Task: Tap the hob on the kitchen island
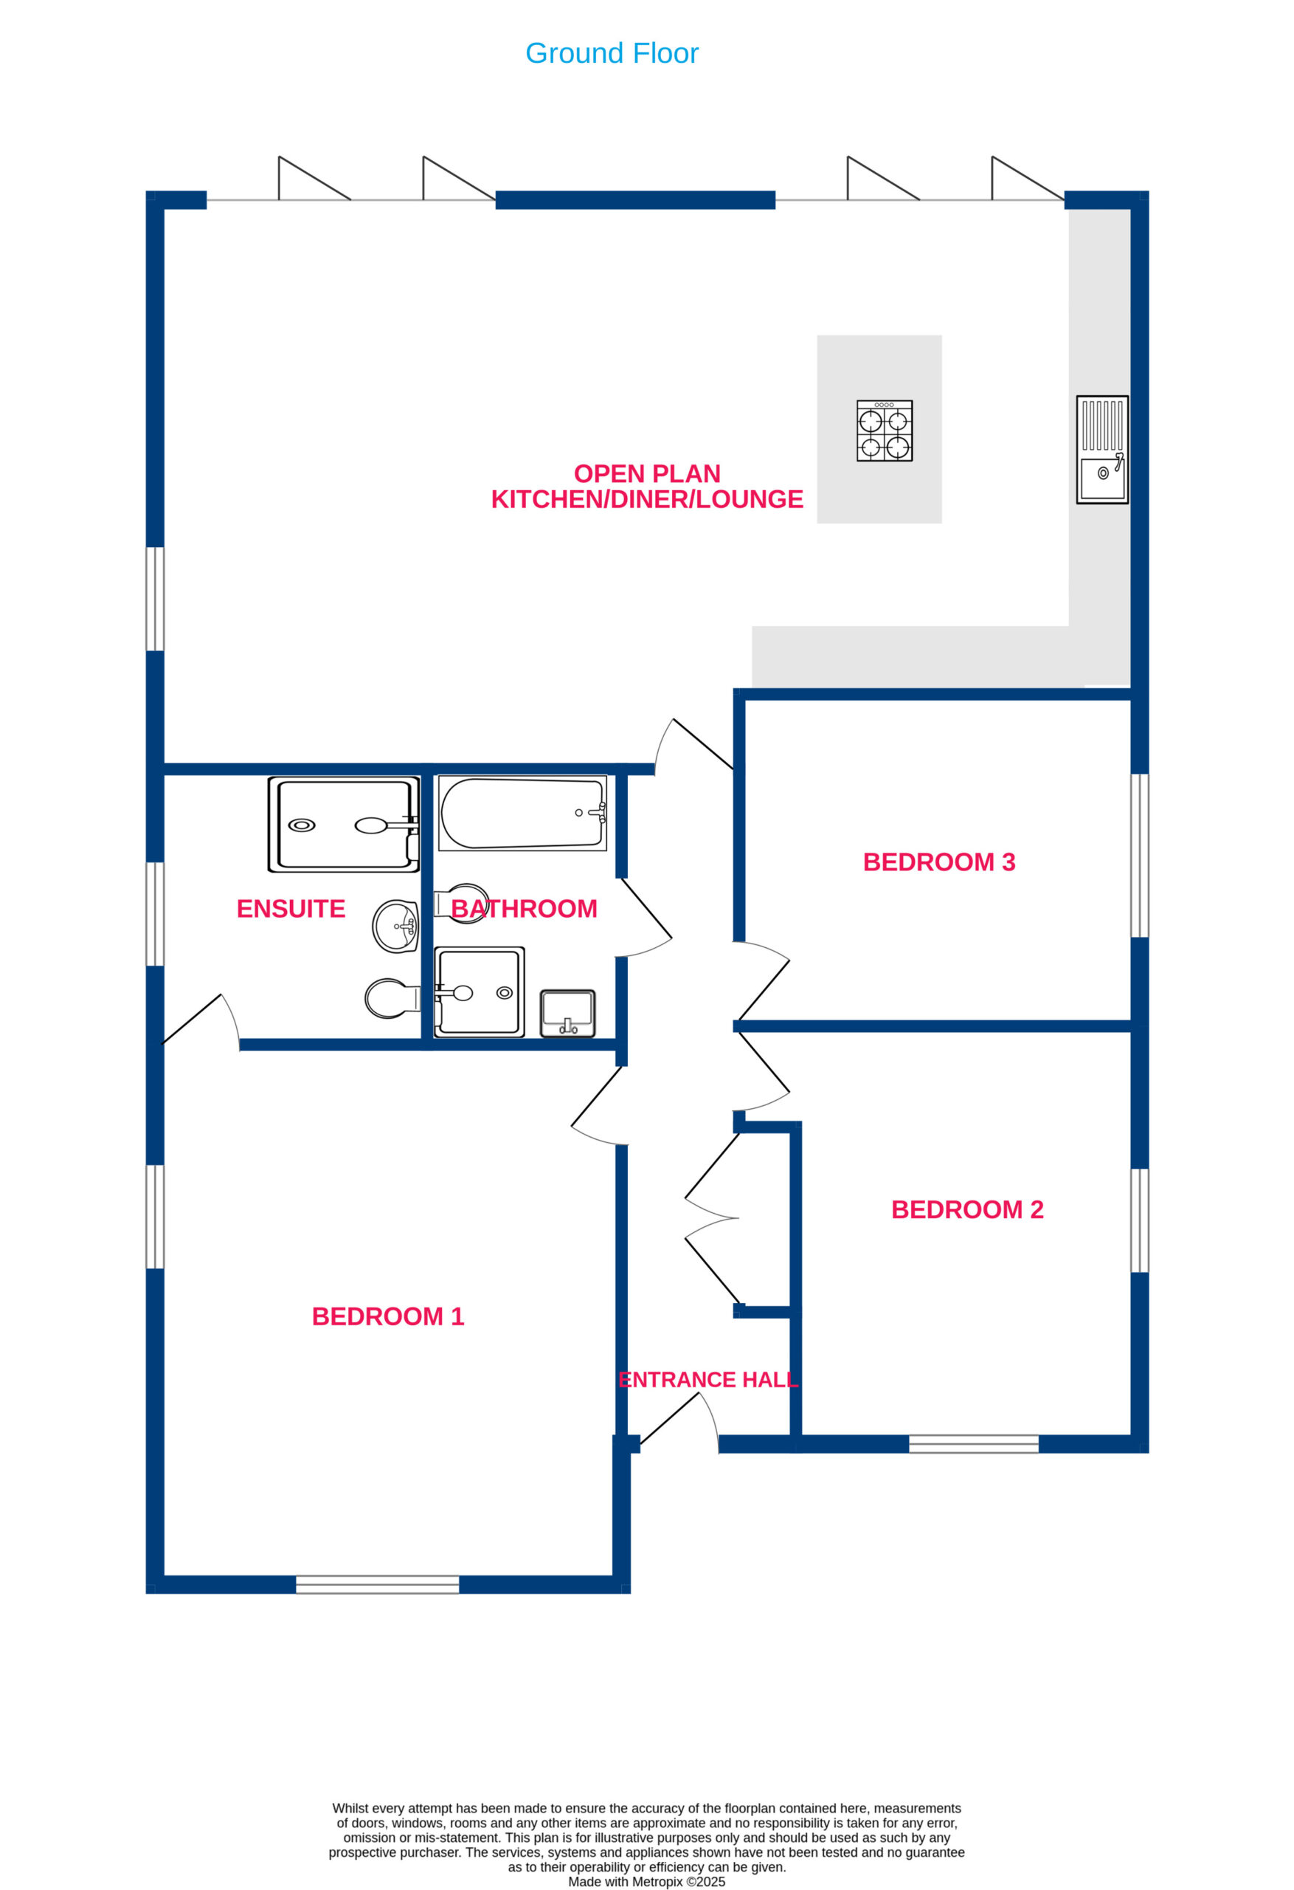point(885,430)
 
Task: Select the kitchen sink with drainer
point(1102,449)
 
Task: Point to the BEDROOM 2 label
point(967,1209)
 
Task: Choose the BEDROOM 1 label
point(388,1316)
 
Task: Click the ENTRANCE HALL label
point(708,1379)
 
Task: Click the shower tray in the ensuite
point(344,825)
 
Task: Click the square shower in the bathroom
point(479,992)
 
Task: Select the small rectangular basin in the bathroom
point(567,1014)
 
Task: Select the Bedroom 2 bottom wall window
point(973,1443)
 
